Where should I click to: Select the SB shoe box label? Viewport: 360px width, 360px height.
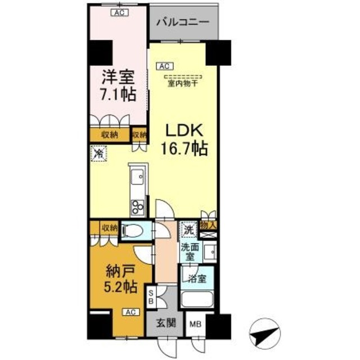[x=151, y=296]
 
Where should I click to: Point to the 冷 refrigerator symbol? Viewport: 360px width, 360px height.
[x=99, y=152]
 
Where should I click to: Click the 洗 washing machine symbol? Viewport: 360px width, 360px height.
[x=188, y=230]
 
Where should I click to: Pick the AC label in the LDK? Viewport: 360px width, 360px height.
[x=165, y=66]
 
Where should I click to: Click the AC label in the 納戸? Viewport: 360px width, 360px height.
[x=129, y=312]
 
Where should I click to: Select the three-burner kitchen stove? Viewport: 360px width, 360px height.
[x=137, y=206]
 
